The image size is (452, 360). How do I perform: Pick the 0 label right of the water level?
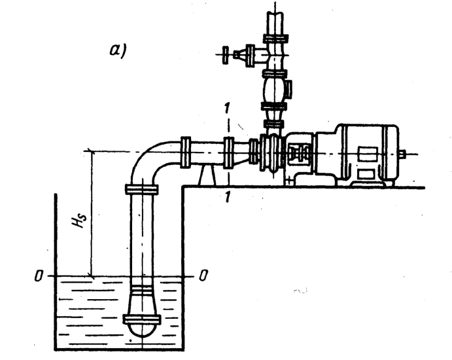[x=204, y=276]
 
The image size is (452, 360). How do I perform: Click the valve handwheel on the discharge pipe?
[x=226, y=53]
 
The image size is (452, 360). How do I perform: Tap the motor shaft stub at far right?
[x=402, y=154]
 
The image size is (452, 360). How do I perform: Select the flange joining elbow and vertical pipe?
[x=141, y=189]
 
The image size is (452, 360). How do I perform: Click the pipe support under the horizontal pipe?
[x=208, y=175]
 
